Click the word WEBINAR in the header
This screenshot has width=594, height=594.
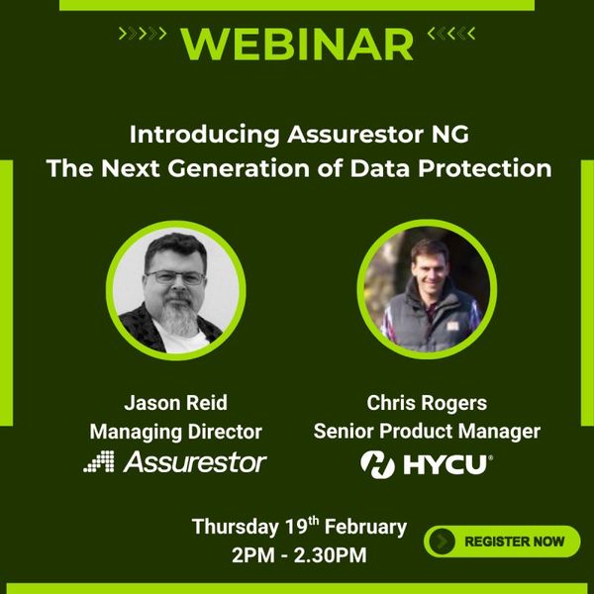coord(297,43)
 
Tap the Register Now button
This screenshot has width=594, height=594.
coord(502,541)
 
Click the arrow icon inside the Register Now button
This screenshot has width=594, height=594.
coord(444,542)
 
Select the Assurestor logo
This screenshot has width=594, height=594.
coord(175,461)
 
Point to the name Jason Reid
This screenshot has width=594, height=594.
coord(175,404)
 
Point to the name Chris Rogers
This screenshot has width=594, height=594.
coord(426,404)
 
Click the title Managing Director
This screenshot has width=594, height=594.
coord(175,432)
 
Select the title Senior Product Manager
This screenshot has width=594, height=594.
coord(426,432)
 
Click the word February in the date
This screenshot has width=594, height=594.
coord(360,527)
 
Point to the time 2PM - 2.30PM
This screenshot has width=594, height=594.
coord(299,555)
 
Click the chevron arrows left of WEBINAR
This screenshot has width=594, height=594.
coord(143,35)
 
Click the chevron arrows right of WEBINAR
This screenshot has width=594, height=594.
coord(451,35)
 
